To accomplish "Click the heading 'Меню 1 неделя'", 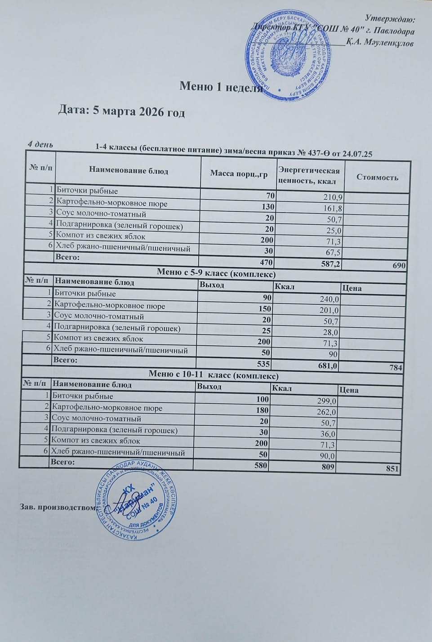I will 221,86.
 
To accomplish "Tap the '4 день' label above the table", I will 40,144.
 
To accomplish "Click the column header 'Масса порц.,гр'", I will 239,174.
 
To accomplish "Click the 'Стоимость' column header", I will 377,177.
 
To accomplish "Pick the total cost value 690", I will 399,266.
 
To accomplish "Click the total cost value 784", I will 396,368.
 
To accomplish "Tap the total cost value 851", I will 392,468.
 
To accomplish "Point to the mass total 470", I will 266,263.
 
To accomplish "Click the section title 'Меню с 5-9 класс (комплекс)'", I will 216,273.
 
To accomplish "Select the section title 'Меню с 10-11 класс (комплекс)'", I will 214,375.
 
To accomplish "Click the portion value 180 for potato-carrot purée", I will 262,410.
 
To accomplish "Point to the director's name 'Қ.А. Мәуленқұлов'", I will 380,43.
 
